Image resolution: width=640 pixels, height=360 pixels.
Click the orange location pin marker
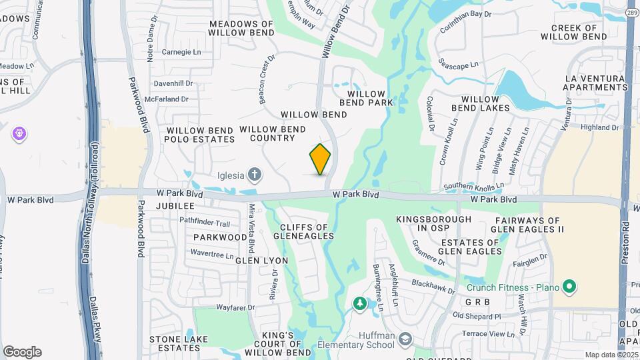pyautogui.click(x=320, y=159)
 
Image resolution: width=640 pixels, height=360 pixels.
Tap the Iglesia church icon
pyautogui.click(x=254, y=175)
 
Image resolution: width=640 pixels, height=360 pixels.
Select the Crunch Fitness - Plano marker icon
pyautogui.click(x=569, y=287)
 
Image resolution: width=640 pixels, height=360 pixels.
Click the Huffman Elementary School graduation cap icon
pyautogui.click(x=405, y=340)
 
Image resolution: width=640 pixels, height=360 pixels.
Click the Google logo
pyautogui.click(x=22, y=352)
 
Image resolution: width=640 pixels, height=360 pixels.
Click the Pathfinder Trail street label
pyautogui.click(x=204, y=223)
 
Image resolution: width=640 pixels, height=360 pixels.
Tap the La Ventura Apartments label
pyautogui.click(x=595, y=83)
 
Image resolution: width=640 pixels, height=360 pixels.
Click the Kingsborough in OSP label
pyautogui.click(x=433, y=223)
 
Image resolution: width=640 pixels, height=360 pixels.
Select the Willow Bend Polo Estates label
pyautogui.click(x=201, y=135)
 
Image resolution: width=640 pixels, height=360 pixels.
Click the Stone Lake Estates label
pyautogui.click(x=175, y=343)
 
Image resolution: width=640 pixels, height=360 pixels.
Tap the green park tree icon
pyautogui.click(x=360, y=305)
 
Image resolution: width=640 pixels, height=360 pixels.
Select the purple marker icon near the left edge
pyautogui.click(x=19, y=134)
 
